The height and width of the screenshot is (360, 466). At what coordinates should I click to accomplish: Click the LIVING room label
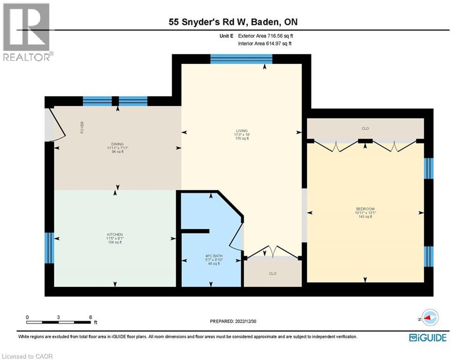click(x=242, y=131)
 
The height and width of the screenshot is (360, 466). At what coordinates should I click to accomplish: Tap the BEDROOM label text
click(x=365, y=209)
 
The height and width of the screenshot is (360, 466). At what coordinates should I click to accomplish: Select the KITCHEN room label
click(x=114, y=234)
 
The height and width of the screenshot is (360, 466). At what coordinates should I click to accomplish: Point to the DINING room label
click(x=117, y=144)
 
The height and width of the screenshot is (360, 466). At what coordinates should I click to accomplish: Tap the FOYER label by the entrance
click(x=82, y=127)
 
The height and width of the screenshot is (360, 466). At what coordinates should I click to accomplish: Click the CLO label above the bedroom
click(x=365, y=128)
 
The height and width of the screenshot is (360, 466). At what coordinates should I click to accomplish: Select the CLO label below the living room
click(x=272, y=273)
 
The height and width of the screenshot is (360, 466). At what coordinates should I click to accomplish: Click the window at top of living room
click(x=241, y=59)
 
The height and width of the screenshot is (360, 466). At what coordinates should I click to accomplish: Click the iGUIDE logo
click(x=427, y=337)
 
